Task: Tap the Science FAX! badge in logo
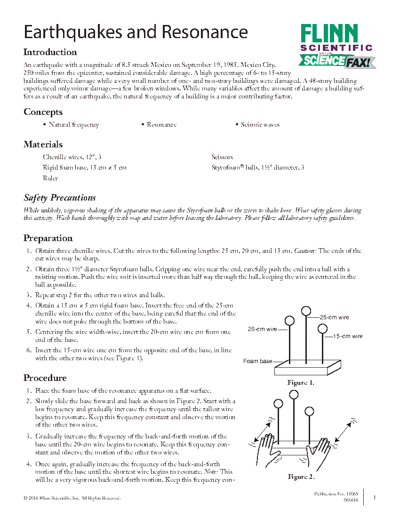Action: click(x=336, y=61)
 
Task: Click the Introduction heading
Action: click(x=50, y=52)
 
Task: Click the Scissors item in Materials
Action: click(x=222, y=157)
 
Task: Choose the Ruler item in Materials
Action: click(x=50, y=178)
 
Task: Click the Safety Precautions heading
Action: click(x=60, y=198)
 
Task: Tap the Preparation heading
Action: click(x=48, y=238)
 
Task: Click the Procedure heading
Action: click(x=45, y=378)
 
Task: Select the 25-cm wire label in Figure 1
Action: click(x=335, y=317)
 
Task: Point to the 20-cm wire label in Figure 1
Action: click(x=263, y=329)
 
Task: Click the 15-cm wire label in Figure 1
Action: click(x=348, y=336)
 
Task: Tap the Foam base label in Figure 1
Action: click(x=257, y=361)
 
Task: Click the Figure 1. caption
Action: click(x=300, y=383)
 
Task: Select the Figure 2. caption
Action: click(x=301, y=477)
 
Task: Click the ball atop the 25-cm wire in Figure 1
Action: click(x=306, y=310)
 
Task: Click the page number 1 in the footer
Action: click(x=375, y=497)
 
